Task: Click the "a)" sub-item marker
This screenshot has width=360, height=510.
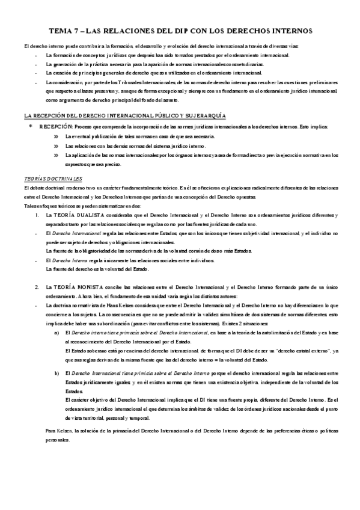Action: click(56, 331)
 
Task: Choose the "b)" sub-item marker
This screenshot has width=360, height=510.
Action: click(56, 374)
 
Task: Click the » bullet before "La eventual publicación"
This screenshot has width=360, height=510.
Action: click(56, 137)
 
